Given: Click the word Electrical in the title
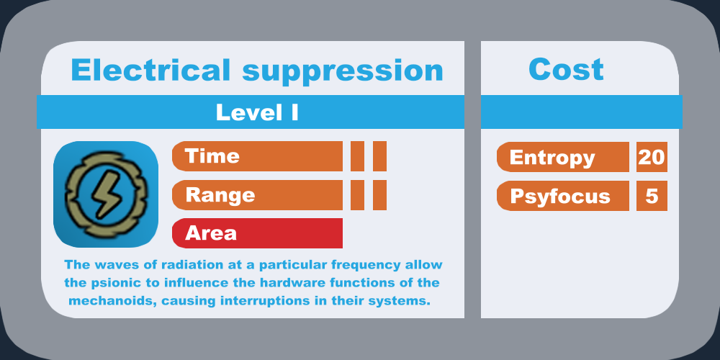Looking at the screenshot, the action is [x=150, y=71].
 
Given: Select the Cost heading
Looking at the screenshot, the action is [x=566, y=69].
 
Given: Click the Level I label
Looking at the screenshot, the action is [x=257, y=112].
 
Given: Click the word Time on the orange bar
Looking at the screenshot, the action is [x=212, y=156].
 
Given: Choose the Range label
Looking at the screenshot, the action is [x=220, y=195].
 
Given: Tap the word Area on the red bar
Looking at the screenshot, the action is [x=211, y=233].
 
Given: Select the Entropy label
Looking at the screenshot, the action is [x=552, y=158].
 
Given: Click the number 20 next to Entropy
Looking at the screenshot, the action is [x=651, y=157].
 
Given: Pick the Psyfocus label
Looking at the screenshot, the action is [x=560, y=197].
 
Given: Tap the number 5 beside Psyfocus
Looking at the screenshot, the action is [x=652, y=196].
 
